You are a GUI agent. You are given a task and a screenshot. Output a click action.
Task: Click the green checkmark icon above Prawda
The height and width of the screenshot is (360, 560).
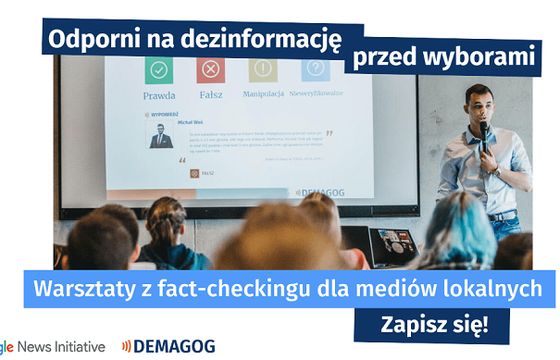click(x=159, y=69)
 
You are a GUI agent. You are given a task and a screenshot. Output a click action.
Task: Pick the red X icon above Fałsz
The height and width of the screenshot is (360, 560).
click(x=212, y=69)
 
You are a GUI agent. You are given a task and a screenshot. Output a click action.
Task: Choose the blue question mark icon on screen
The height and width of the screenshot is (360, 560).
click(x=316, y=69)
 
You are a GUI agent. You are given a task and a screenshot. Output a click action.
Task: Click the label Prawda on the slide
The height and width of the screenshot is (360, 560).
click(x=159, y=95)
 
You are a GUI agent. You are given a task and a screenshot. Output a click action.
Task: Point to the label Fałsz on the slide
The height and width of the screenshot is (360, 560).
click(x=212, y=95)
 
